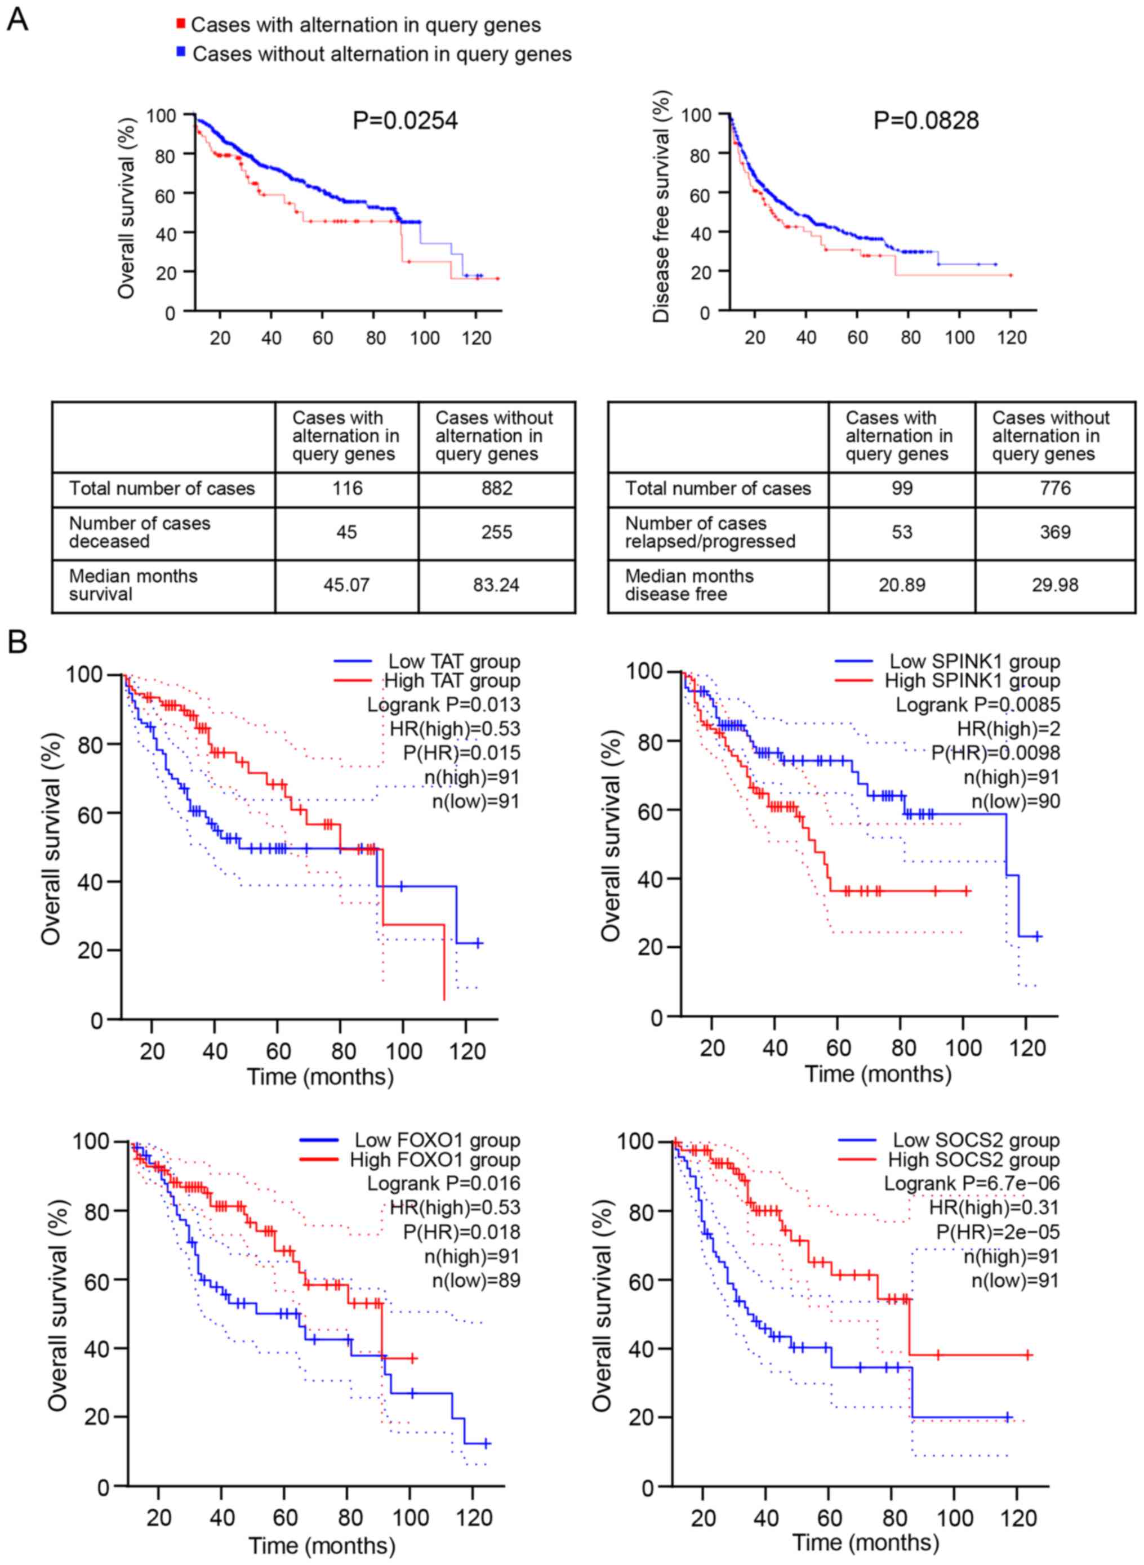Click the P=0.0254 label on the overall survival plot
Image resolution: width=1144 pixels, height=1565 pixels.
(x=405, y=121)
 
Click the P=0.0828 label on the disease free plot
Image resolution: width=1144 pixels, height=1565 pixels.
(x=926, y=121)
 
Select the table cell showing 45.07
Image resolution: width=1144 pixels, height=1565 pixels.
(x=346, y=586)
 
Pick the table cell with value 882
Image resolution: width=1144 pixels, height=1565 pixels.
(x=496, y=489)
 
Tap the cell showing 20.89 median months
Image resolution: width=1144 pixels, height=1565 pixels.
(x=902, y=586)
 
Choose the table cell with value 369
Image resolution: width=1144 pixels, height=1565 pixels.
(x=1054, y=532)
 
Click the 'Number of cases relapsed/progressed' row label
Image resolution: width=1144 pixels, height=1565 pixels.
(x=710, y=532)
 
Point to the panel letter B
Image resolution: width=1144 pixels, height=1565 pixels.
(x=17, y=643)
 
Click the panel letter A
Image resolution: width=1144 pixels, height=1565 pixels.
(x=17, y=20)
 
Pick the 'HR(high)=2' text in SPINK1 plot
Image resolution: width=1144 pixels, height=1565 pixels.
(x=1008, y=729)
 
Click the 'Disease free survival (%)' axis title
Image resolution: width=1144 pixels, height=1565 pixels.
(x=662, y=206)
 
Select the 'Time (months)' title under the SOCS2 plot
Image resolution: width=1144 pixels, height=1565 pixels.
(x=865, y=1543)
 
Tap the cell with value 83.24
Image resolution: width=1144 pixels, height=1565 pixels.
(x=496, y=586)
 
